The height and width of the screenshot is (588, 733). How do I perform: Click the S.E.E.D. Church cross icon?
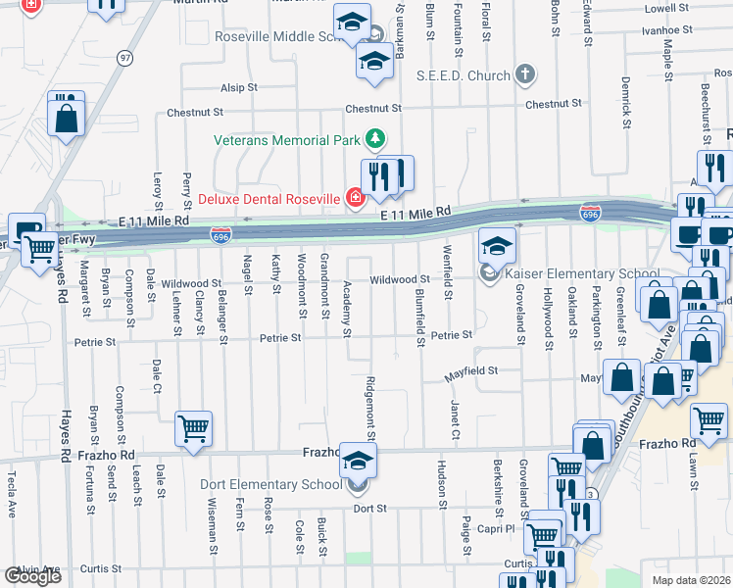click(x=526, y=75)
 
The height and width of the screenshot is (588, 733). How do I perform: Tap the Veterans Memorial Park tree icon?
click(x=374, y=140)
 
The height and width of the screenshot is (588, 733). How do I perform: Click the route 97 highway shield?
click(x=124, y=59)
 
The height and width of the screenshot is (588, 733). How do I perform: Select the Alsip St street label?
click(x=238, y=87)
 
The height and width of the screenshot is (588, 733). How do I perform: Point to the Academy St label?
click(x=347, y=308)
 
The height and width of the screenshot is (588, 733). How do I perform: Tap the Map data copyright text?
click(x=692, y=580)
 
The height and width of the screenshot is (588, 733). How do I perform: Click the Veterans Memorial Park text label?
click(x=288, y=140)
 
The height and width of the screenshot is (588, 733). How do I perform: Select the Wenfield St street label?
click(x=447, y=272)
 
